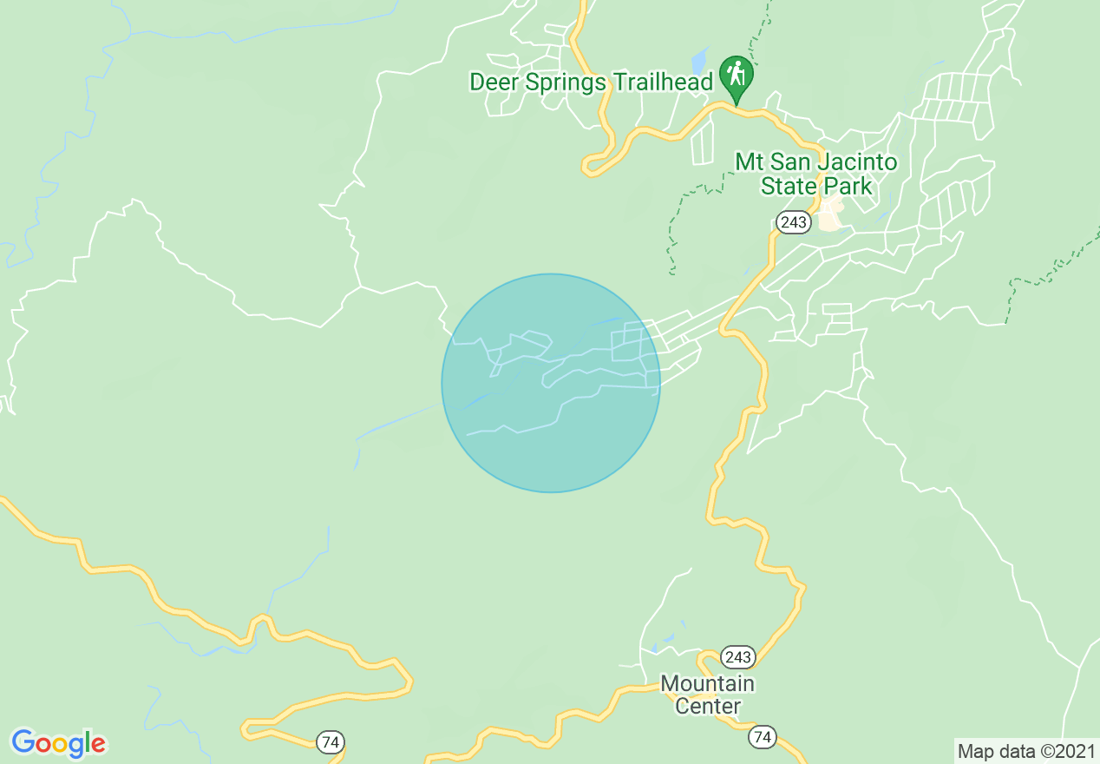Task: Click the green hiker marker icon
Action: tap(737, 76)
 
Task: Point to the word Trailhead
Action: tap(663, 82)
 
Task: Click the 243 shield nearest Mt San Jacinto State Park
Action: tap(793, 223)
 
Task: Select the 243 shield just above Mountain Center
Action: tap(737, 656)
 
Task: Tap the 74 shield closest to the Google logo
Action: tap(329, 742)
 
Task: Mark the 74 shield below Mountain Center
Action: tap(762, 737)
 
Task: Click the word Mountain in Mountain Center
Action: tap(707, 683)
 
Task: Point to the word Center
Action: tap(707, 706)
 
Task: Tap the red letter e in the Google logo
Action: tap(98, 744)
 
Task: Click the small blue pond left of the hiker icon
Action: tap(698, 62)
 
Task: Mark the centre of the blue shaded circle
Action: tap(551, 383)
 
